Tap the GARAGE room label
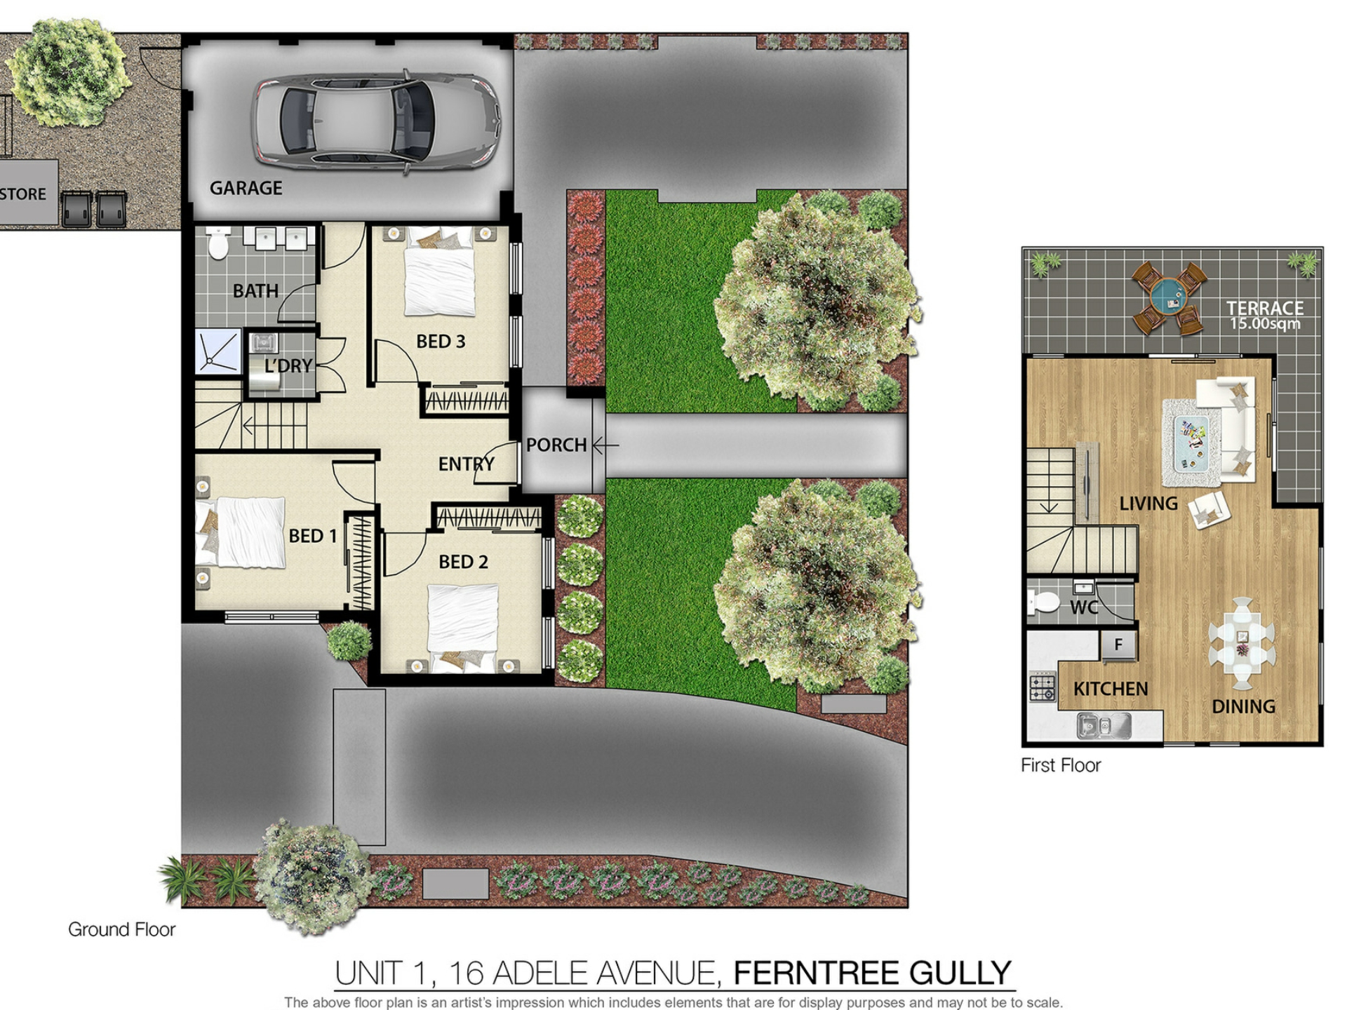coord(246,188)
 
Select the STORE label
coord(22,194)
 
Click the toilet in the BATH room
coord(219,242)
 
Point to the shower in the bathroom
coord(218,351)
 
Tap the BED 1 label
coord(313,537)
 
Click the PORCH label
coord(556,445)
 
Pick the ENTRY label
coord(467,464)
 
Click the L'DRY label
coord(288,366)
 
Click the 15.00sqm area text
coord(1265,324)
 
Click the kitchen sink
coord(1104,726)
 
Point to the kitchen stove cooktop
coord(1042,687)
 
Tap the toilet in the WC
coord(1043,602)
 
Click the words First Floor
coord(1061,765)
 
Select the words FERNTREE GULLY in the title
coord(872,974)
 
